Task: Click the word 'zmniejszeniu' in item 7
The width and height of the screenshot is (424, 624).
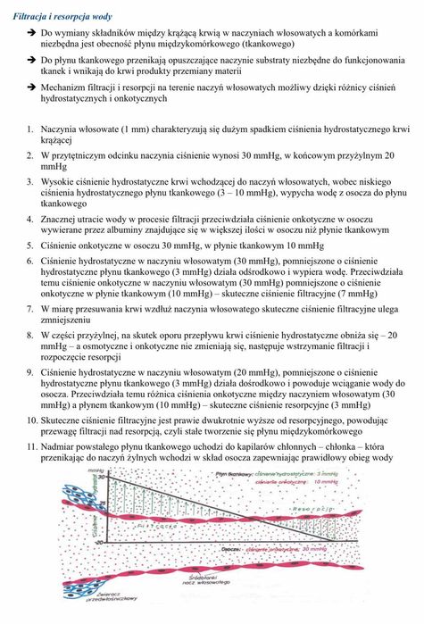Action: click(67, 318)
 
